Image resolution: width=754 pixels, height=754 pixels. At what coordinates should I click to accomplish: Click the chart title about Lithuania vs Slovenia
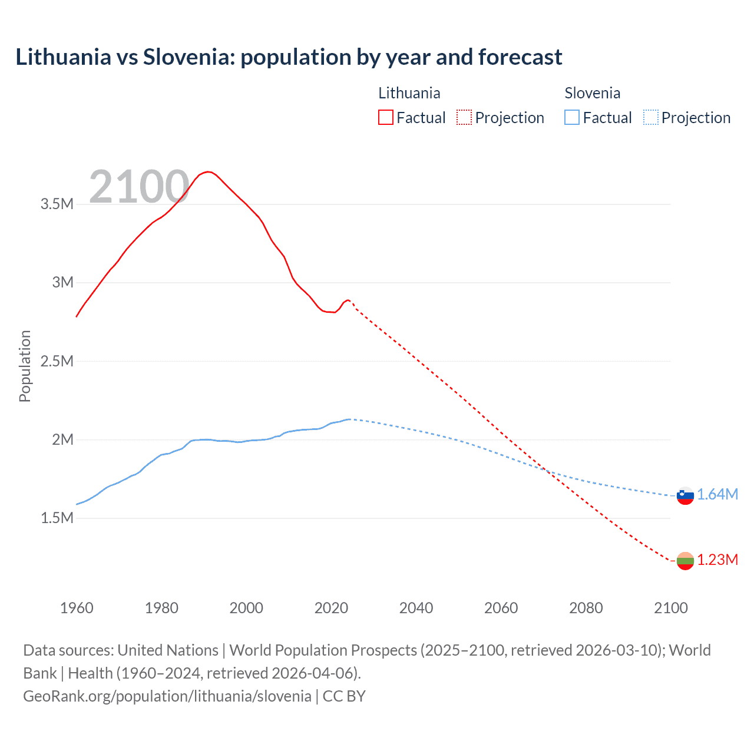pos(289,57)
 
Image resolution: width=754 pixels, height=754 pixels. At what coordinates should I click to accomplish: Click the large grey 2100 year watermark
pos(139,187)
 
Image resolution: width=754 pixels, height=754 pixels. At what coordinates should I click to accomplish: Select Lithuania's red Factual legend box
pos(385,117)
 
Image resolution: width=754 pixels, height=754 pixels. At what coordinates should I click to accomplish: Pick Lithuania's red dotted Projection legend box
pos(464,117)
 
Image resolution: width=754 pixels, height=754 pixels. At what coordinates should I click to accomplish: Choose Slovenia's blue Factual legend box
pos(572,117)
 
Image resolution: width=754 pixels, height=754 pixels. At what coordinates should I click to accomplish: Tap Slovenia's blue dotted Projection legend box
pos(651,117)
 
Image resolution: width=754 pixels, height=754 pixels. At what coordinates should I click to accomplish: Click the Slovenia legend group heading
pos(592,93)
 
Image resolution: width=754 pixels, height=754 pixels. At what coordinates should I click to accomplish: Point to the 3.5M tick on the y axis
pos(57,204)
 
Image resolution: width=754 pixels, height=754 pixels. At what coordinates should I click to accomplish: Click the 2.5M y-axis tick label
pos(57,361)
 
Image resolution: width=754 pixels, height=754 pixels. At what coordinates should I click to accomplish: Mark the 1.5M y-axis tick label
pos(57,518)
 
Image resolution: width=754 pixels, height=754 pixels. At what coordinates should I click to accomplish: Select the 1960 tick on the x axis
pos(77,608)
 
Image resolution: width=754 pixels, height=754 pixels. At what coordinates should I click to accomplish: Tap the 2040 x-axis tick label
pos(416,608)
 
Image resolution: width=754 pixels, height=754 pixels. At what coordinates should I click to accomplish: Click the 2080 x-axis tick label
pos(586,608)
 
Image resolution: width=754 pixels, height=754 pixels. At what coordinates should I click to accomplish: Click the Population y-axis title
pos(25,366)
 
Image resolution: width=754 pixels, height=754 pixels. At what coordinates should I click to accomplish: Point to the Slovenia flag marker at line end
pos(685,495)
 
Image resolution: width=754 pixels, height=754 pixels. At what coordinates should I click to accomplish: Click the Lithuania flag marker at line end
pos(685,561)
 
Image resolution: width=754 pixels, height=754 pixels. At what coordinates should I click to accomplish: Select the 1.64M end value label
pos(717,495)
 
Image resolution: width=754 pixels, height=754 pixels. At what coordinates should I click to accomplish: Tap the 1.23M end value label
pos(717,560)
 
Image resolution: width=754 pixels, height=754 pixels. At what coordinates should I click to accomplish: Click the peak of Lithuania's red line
pos(207,171)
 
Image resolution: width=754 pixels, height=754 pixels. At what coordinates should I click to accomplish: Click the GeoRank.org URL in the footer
pos(167,696)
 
